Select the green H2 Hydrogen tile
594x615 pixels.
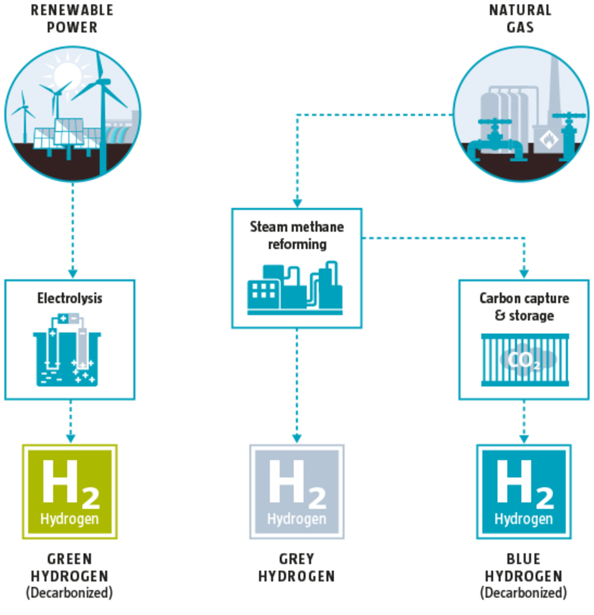(70, 492)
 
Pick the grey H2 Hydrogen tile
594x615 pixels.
(297, 492)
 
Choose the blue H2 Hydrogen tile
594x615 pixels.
(524, 492)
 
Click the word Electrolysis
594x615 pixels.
(70, 298)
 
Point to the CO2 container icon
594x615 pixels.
(525, 360)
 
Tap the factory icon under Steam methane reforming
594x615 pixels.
(295, 288)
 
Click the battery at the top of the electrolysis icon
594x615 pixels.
(68, 319)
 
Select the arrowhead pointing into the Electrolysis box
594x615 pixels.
(73, 273)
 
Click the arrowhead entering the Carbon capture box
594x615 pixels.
(524, 273)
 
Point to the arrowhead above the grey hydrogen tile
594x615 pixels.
(297, 438)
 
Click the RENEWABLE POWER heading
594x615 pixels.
(72, 19)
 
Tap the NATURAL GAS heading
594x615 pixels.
(520, 19)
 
